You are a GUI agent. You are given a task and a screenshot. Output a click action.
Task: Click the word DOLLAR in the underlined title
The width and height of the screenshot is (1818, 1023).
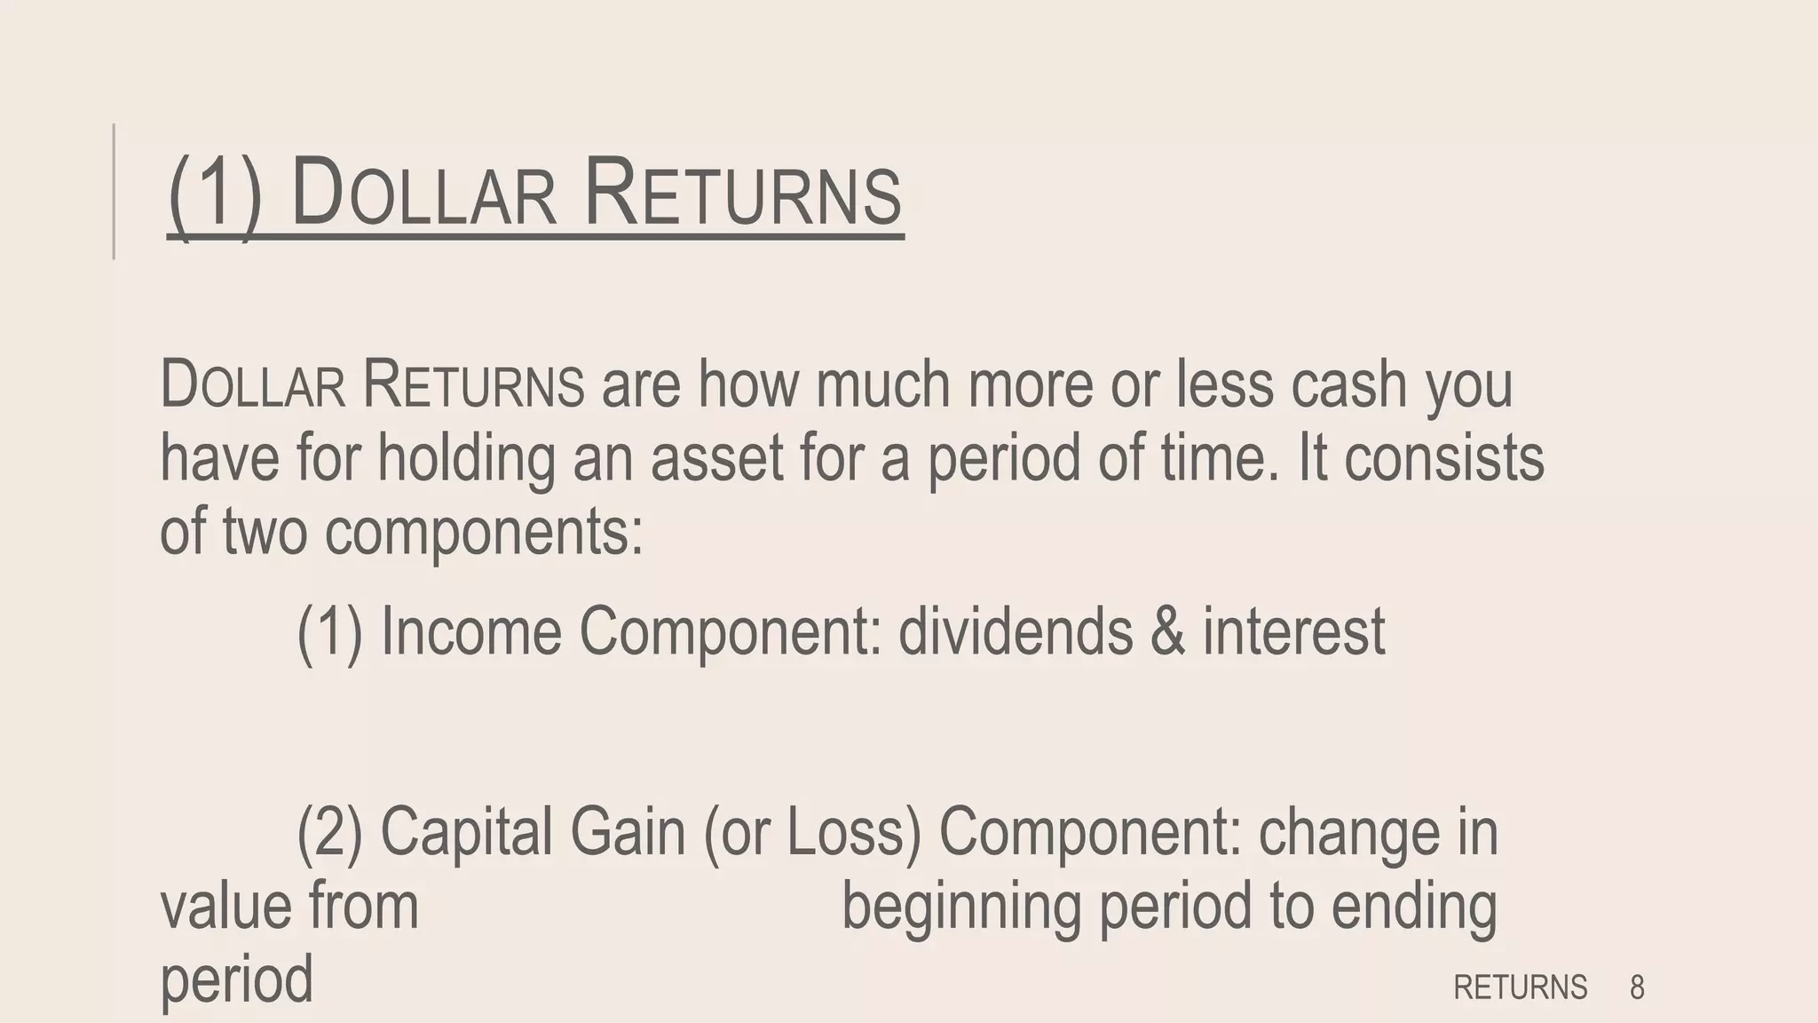click(x=423, y=193)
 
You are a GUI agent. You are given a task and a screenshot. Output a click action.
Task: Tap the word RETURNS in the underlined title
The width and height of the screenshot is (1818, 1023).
click(x=743, y=193)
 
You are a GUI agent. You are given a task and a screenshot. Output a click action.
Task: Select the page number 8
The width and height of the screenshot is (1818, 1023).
click(x=1637, y=987)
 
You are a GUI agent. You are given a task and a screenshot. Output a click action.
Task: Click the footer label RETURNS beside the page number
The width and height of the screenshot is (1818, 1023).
click(x=1520, y=987)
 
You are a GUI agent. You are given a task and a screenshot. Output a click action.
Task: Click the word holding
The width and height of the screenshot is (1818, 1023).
click(x=465, y=459)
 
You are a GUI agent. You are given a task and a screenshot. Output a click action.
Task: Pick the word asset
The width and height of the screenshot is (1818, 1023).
click(x=717, y=457)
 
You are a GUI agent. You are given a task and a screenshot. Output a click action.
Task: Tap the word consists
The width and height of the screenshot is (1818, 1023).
click(x=1443, y=457)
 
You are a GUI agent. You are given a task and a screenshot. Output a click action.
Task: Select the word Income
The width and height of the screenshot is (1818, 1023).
click(x=470, y=631)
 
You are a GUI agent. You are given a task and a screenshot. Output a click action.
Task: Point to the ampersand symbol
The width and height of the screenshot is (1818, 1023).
click(x=1167, y=631)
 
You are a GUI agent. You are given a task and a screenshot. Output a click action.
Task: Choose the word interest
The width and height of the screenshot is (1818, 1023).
click(x=1293, y=631)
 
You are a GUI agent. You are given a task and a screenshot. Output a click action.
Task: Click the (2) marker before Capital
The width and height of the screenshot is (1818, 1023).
click(x=329, y=833)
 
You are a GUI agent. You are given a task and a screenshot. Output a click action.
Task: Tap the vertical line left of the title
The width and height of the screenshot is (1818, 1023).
click(x=115, y=192)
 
